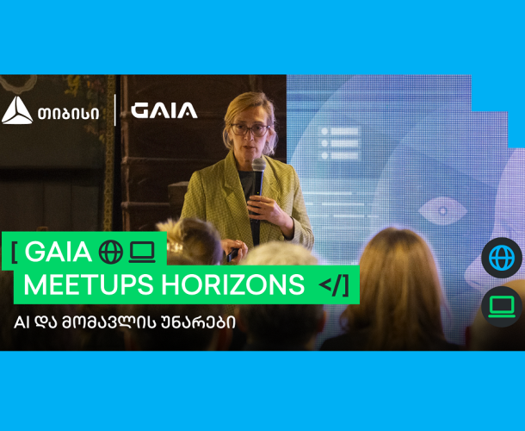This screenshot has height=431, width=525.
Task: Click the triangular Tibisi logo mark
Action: pos(17,110)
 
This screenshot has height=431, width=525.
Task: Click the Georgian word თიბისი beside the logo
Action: pos(68,111)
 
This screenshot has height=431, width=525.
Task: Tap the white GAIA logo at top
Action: pos(164,110)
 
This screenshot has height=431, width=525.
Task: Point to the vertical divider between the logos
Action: pos(115,110)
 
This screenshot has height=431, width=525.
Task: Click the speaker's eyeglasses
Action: pos(249,129)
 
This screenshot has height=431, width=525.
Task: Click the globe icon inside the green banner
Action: pos(111,252)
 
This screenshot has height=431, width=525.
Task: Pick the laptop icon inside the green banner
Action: pos(141,252)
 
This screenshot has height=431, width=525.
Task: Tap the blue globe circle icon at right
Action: pos(501,258)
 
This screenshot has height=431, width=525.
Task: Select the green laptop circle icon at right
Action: pos(501,306)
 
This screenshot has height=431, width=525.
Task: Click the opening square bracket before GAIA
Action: pos(15,252)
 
